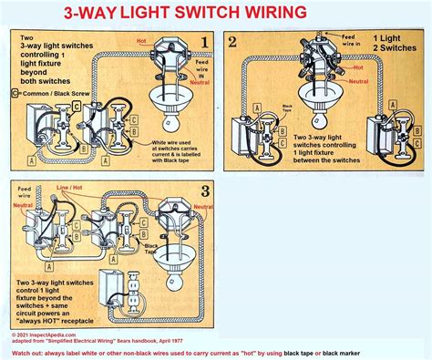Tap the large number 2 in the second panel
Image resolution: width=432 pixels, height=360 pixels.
pyautogui.click(x=234, y=41)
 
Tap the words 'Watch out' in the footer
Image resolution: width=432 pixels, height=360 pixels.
pyautogui.click(x=34, y=351)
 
